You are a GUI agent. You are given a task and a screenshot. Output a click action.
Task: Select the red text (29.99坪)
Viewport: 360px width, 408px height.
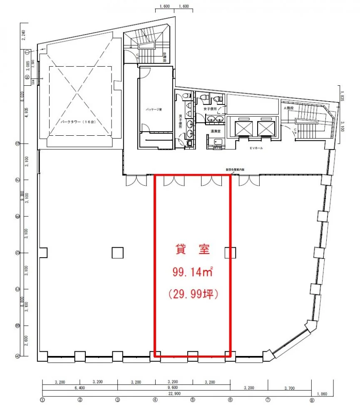point(193,294)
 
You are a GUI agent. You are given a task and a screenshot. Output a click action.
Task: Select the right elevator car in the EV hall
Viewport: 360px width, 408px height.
point(266,128)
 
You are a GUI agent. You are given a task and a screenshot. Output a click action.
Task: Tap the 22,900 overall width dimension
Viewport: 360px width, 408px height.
point(177,393)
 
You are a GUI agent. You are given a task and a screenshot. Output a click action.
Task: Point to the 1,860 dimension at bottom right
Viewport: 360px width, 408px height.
point(322,393)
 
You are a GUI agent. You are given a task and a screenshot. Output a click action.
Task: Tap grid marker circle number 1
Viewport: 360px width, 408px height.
point(42,401)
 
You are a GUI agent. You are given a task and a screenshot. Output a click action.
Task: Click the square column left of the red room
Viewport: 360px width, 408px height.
point(117,252)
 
